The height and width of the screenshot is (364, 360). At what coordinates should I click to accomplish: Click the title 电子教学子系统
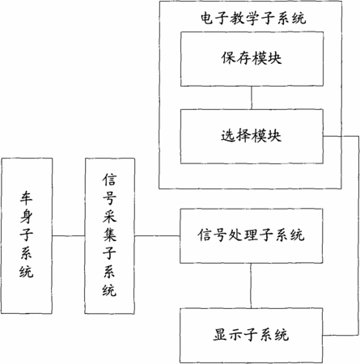[253, 19]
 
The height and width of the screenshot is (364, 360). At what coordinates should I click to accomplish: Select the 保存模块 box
[252, 59]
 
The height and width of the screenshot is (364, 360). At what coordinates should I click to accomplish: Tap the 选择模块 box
[252, 137]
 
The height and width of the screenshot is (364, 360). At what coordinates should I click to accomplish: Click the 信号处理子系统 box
[251, 235]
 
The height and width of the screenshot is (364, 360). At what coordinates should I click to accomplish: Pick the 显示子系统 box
[251, 336]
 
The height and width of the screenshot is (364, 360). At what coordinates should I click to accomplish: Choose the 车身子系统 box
[27, 236]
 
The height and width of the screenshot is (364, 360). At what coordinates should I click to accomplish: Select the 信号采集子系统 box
[110, 236]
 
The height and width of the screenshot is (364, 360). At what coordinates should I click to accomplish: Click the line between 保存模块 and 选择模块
[252, 98]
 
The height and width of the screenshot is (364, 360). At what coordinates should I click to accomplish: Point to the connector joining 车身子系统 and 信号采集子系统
[69, 236]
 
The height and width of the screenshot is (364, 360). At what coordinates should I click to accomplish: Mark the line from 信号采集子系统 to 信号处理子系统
[157, 236]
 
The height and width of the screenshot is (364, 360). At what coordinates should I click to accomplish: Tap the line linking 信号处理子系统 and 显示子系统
[251, 286]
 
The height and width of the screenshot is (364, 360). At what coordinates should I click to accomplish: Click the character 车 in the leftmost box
[27, 197]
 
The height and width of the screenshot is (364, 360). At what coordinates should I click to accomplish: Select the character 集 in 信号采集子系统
[109, 235]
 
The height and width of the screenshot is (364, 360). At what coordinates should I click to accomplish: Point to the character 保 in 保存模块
[229, 58]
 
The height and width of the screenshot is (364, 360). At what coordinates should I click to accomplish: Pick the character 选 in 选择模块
[228, 136]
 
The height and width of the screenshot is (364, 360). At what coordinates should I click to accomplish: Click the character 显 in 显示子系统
[220, 335]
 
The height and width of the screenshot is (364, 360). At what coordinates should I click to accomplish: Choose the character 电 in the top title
[208, 19]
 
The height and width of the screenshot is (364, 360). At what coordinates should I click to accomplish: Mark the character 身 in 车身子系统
[27, 216]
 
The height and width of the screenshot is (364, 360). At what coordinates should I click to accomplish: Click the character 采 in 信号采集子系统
[109, 216]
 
